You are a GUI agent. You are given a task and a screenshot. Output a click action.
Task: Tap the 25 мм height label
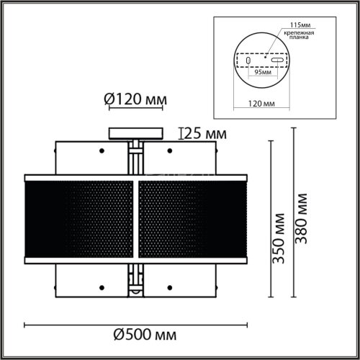click(x=204, y=133)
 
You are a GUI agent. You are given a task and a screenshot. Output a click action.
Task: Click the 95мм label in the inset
click(x=266, y=72)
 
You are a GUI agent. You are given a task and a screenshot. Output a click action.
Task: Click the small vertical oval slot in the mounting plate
click(x=249, y=62)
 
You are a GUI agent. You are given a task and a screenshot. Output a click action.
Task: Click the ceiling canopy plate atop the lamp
click(x=135, y=132)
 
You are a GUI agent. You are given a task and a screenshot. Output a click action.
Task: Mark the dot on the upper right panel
click(x=170, y=150)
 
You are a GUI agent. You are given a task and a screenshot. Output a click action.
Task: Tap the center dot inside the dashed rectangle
click(x=265, y=55)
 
